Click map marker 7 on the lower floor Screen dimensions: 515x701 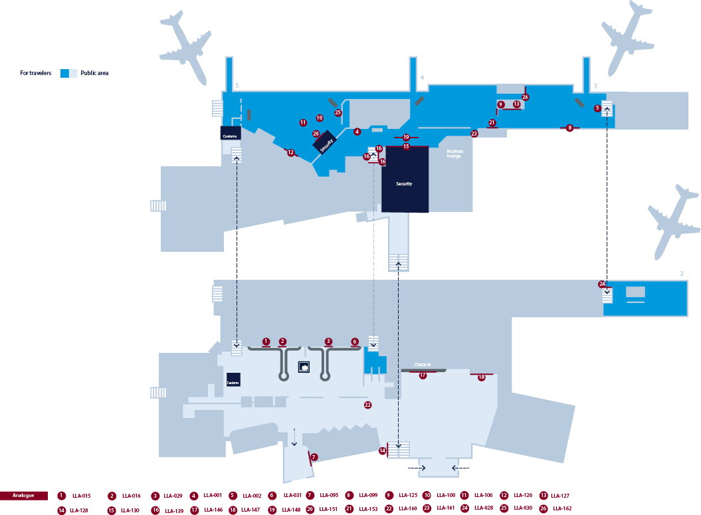(314, 457)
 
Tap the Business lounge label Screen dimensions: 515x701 (454, 154)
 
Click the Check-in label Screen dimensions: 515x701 (423, 365)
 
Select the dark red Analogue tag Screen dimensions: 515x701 (24, 495)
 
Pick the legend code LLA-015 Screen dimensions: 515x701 (81, 496)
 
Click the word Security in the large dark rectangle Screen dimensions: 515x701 (404, 183)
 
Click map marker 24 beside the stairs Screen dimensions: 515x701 (602, 284)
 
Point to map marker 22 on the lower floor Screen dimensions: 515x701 (367, 404)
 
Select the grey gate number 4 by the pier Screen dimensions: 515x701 (421, 78)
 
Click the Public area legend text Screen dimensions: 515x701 (94, 73)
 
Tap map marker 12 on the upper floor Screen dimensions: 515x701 (290, 153)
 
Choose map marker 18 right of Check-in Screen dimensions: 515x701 (482, 377)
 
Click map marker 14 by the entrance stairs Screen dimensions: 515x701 (383, 451)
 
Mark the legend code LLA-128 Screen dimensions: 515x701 (79, 510)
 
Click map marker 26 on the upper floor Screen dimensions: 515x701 (525, 97)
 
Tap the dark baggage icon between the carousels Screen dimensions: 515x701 (305, 365)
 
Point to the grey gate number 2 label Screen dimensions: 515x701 (681, 273)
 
